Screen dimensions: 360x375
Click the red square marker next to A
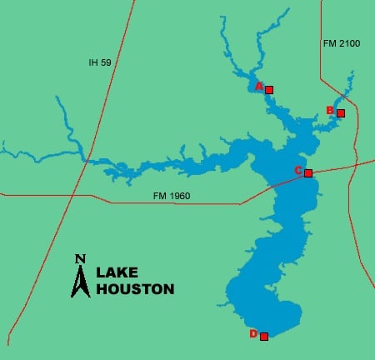pos(268,89)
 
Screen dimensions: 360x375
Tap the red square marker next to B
pos(340,112)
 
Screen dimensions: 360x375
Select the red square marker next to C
pos(308,173)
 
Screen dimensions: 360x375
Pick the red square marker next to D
pos(264,337)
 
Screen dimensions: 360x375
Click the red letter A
pos(259,86)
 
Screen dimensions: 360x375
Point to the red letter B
pos(330,110)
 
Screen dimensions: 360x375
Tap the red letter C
pos(298,171)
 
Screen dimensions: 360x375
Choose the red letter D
pos(253,334)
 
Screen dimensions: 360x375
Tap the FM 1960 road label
pos(171,196)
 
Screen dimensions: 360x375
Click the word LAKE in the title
pos(119,272)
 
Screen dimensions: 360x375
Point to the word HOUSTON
pos(135,289)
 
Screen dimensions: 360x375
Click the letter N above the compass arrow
pos(80,258)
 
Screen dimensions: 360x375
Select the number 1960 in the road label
pos(178,196)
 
